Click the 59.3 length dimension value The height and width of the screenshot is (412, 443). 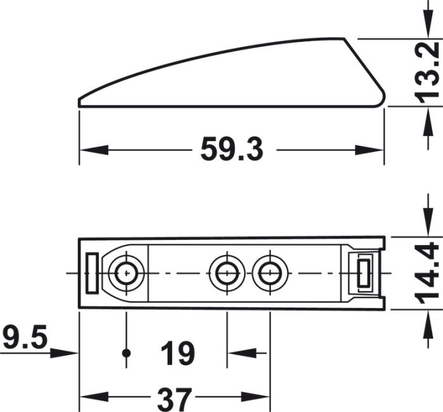click(x=232, y=149)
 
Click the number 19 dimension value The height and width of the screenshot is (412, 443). click(x=178, y=353)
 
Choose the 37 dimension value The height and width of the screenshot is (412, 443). click(x=174, y=399)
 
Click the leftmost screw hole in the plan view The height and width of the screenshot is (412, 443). click(x=126, y=273)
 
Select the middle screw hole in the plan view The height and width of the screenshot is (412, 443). click(x=227, y=273)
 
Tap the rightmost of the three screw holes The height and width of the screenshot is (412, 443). click(x=270, y=273)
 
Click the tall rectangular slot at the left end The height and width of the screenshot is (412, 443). click(x=92, y=273)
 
